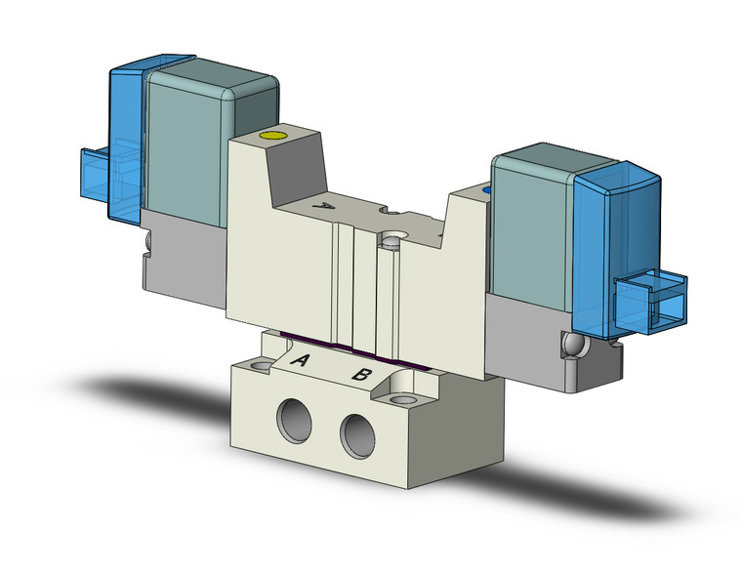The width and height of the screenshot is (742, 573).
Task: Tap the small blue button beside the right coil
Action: (x=485, y=187)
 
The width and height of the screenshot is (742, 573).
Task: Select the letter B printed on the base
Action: (x=360, y=374)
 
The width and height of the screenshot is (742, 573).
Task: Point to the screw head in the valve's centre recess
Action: (x=393, y=236)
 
